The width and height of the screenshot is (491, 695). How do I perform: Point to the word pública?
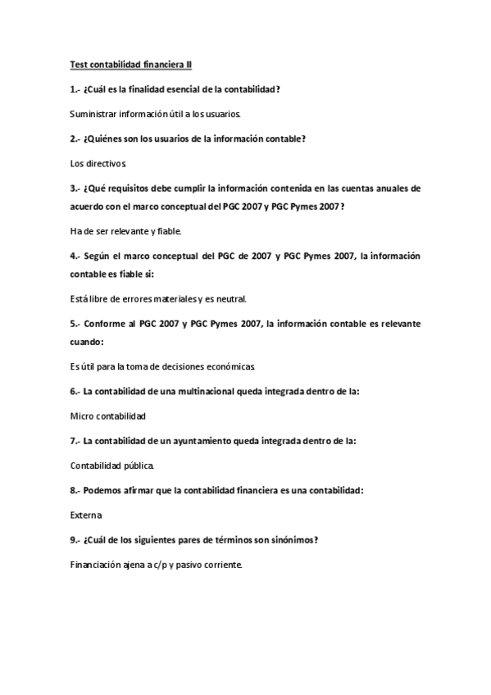pos(136,466)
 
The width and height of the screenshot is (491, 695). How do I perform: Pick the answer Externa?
pos(87,516)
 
